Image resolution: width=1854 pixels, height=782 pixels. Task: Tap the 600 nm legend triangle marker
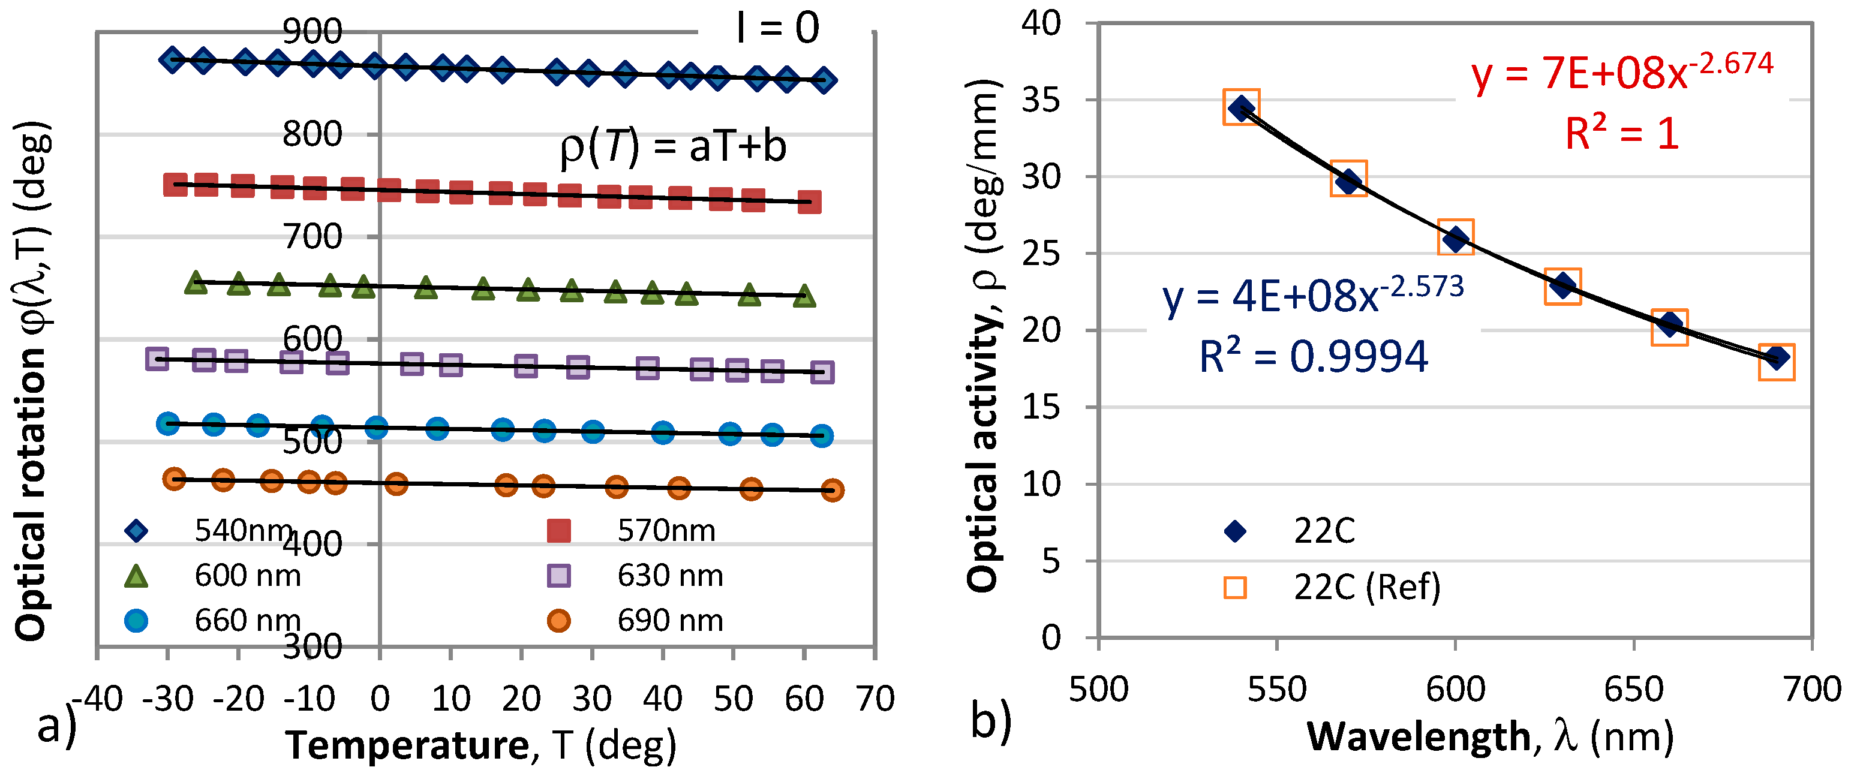click(136, 576)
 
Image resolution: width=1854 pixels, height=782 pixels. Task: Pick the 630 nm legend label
click(670, 576)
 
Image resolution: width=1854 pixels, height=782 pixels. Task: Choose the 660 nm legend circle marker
click(136, 620)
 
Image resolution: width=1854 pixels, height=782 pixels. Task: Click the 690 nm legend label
click(670, 620)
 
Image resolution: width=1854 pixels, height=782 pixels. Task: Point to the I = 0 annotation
click(778, 29)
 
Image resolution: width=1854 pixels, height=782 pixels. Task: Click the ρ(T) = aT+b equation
click(673, 148)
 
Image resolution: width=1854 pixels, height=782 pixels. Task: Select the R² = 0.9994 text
click(1313, 356)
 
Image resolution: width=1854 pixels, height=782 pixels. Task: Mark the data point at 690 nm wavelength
click(1776, 358)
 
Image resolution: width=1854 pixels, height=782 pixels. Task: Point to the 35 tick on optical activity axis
click(1041, 100)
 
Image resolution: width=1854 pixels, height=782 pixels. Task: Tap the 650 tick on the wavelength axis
click(1634, 689)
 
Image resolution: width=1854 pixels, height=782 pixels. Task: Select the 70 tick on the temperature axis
click(875, 699)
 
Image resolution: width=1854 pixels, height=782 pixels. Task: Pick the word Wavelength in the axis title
click(1419, 738)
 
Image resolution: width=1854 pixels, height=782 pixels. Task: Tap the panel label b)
click(991, 720)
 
